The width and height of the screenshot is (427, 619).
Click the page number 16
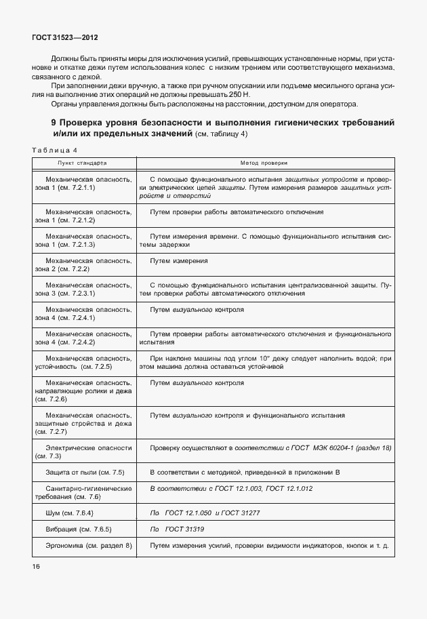pyautogui.click(x=36, y=565)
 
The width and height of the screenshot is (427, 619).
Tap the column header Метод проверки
pyautogui.click(x=264, y=163)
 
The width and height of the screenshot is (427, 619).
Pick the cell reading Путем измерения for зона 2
pyautogui.click(x=179, y=260)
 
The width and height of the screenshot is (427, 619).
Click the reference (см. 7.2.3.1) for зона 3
pyautogui.click(x=70, y=294)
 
